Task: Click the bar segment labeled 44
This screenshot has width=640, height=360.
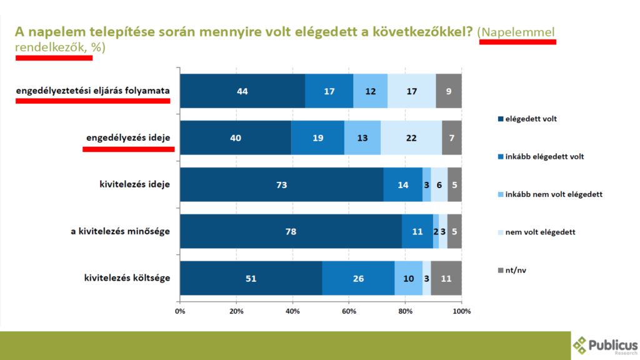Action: (x=242, y=91)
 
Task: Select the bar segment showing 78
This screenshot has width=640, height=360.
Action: (x=291, y=231)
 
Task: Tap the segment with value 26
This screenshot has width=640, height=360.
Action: (x=358, y=278)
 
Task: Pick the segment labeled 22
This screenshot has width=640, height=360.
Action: (x=411, y=137)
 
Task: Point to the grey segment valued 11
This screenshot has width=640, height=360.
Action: (x=446, y=278)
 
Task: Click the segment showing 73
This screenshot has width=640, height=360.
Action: (x=281, y=184)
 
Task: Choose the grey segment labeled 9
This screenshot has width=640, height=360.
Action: (x=449, y=91)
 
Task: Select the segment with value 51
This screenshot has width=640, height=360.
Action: (x=251, y=278)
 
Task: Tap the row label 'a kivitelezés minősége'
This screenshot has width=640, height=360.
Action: (x=120, y=231)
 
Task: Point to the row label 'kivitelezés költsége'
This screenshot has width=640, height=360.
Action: (x=127, y=277)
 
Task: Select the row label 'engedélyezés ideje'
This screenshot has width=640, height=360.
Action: (x=128, y=137)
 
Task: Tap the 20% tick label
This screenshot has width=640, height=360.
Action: (x=236, y=311)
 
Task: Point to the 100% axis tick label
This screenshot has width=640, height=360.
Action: (x=461, y=311)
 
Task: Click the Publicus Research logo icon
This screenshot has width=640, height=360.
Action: (x=581, y=345)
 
